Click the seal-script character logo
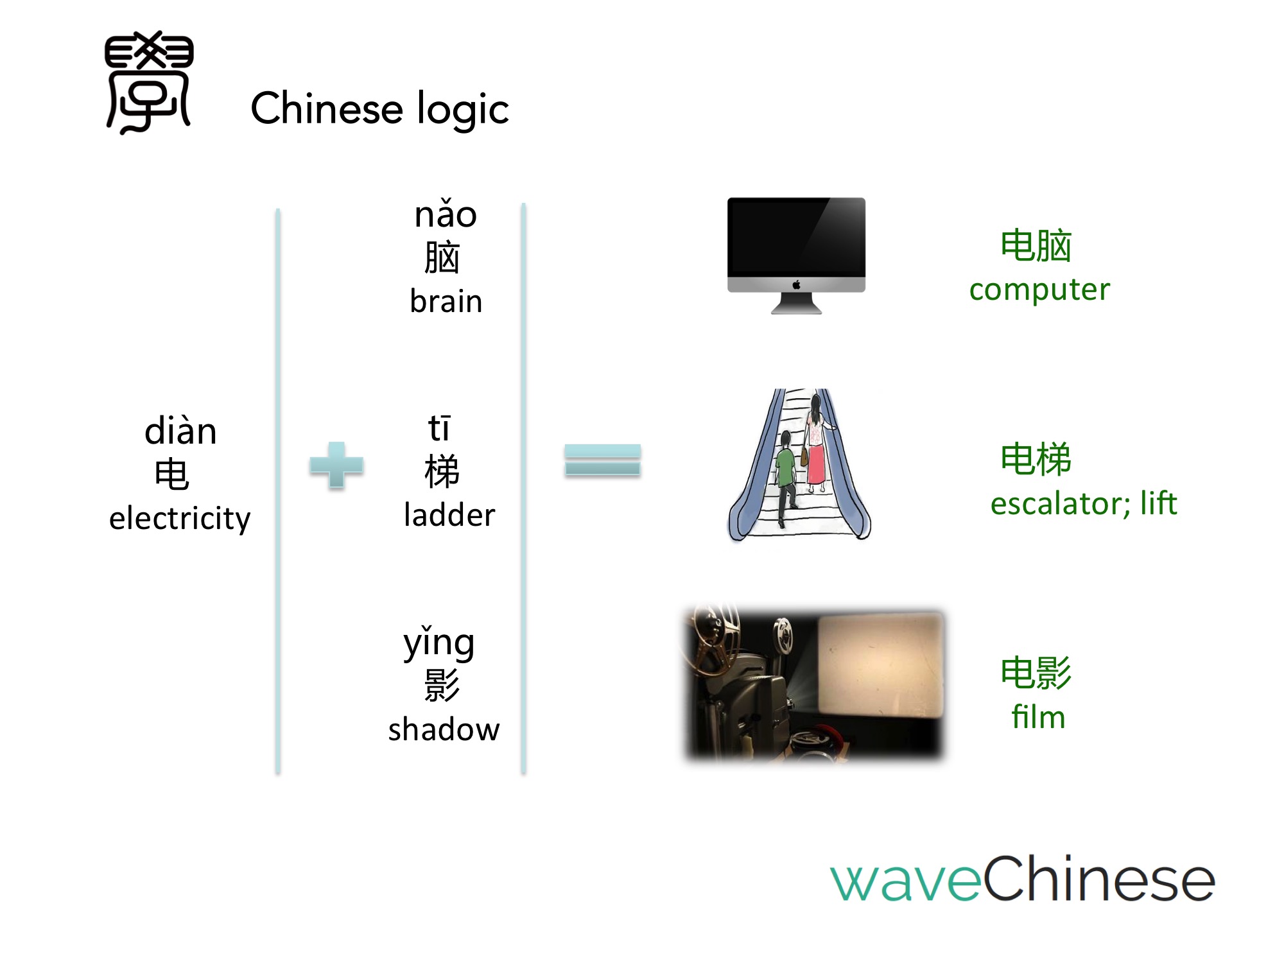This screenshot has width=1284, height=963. point(149,82)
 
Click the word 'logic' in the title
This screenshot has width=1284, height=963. point(463,109)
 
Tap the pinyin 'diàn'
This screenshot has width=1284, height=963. point(180,430)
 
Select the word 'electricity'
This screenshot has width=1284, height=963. point(180,518)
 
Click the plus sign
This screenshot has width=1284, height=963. point(336,465)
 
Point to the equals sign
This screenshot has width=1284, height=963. point(603,460)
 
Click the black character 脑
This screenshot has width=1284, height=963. point(442,257)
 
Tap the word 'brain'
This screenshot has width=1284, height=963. point(446,300)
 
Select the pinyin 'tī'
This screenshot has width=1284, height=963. point(439,428)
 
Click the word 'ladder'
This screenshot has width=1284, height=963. point(449,515)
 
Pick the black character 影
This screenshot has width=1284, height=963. point(442,685)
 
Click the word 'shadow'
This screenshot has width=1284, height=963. point(444,729)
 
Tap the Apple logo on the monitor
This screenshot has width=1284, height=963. point(796,284)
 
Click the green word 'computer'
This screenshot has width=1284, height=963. point(1039,290)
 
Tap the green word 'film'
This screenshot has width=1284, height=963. point(1038,716)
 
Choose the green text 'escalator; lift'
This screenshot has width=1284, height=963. point(1084,503)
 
